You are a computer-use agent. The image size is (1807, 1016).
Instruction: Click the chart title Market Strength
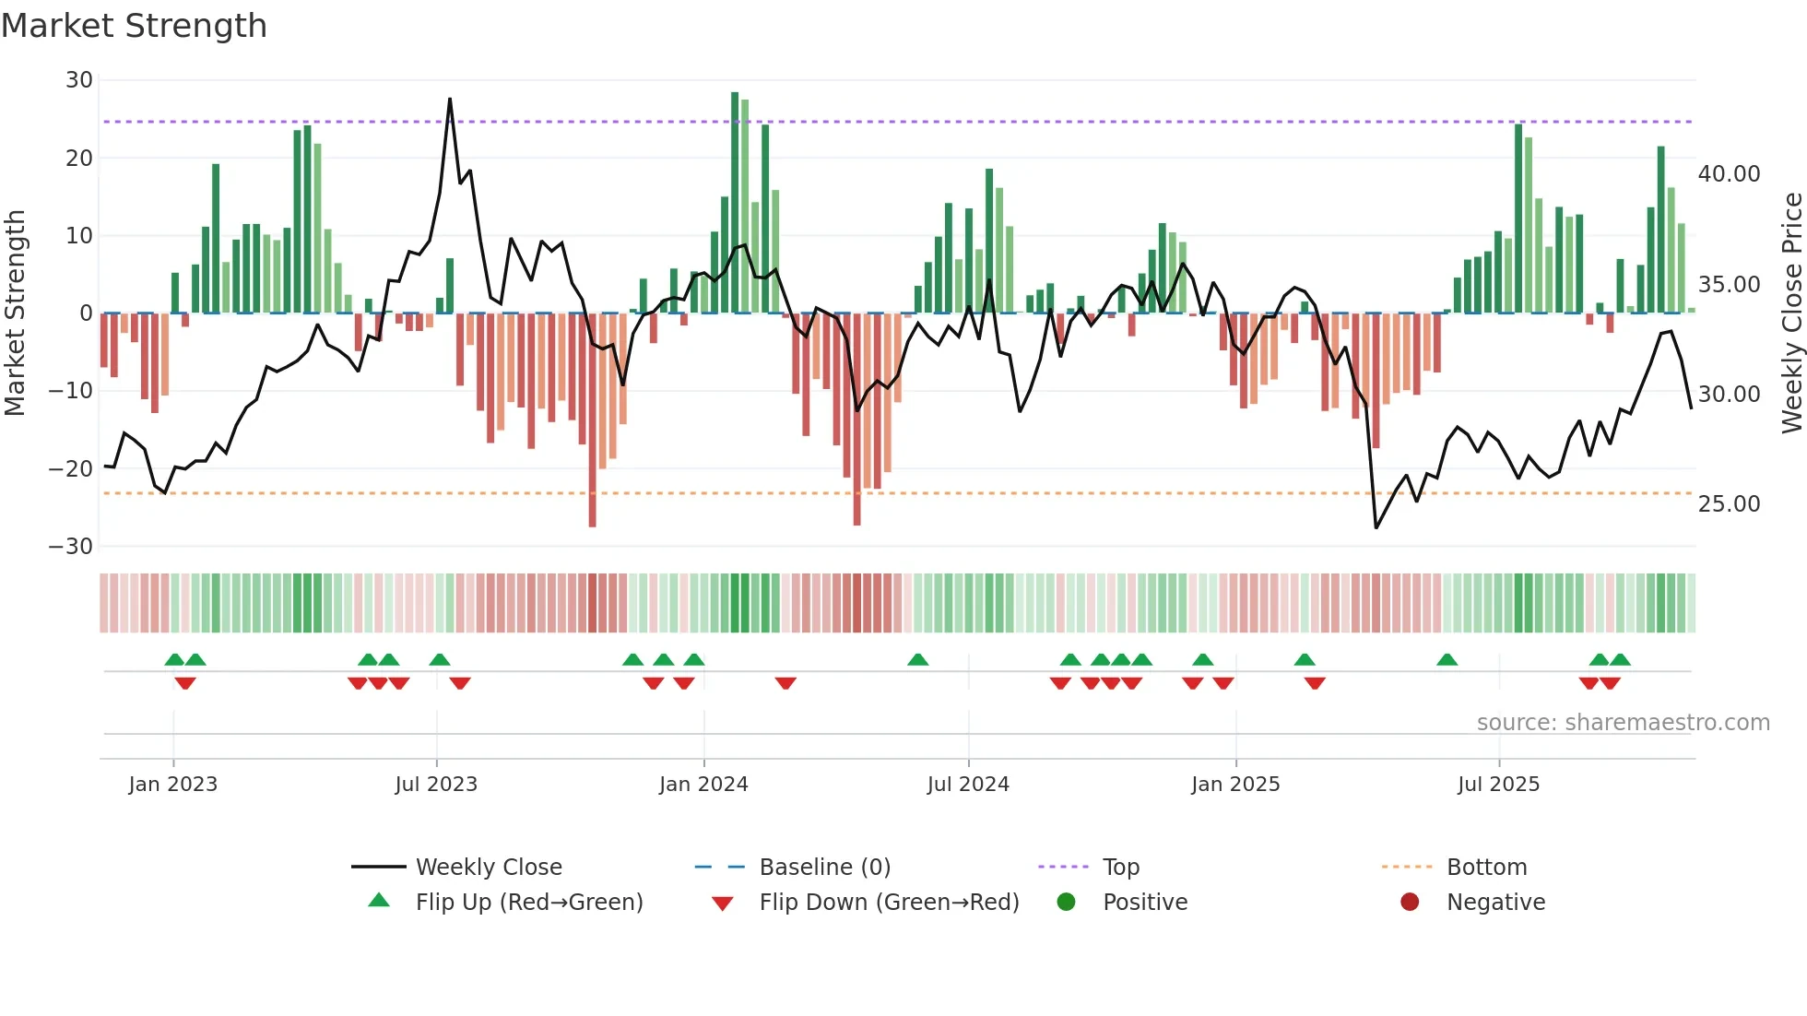tap(134, 26)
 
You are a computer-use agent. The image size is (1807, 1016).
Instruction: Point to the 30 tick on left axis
tap(78, 80)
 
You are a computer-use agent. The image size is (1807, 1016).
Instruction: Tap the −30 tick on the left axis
tap(71, 547)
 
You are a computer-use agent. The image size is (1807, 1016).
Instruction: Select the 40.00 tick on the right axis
tap(1729, 174)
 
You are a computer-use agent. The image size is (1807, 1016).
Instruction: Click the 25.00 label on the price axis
tap(1729, 504)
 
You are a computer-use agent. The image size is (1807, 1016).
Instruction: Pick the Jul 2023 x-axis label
tap(436, 785)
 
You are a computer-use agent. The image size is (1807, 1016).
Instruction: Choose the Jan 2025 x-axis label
tap(1235, 785)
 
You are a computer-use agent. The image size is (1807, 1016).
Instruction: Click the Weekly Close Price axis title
tap(1791, 313)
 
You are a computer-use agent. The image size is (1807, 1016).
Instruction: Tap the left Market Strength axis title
tap(15, 313)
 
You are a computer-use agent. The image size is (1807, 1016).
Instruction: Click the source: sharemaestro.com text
tap(1623, 723)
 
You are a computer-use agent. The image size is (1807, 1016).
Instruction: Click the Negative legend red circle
tap(1410, 903)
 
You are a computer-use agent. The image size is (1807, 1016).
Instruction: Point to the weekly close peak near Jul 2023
tap(450, 100)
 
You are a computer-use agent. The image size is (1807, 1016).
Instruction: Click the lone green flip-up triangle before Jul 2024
tap(917, 660)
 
